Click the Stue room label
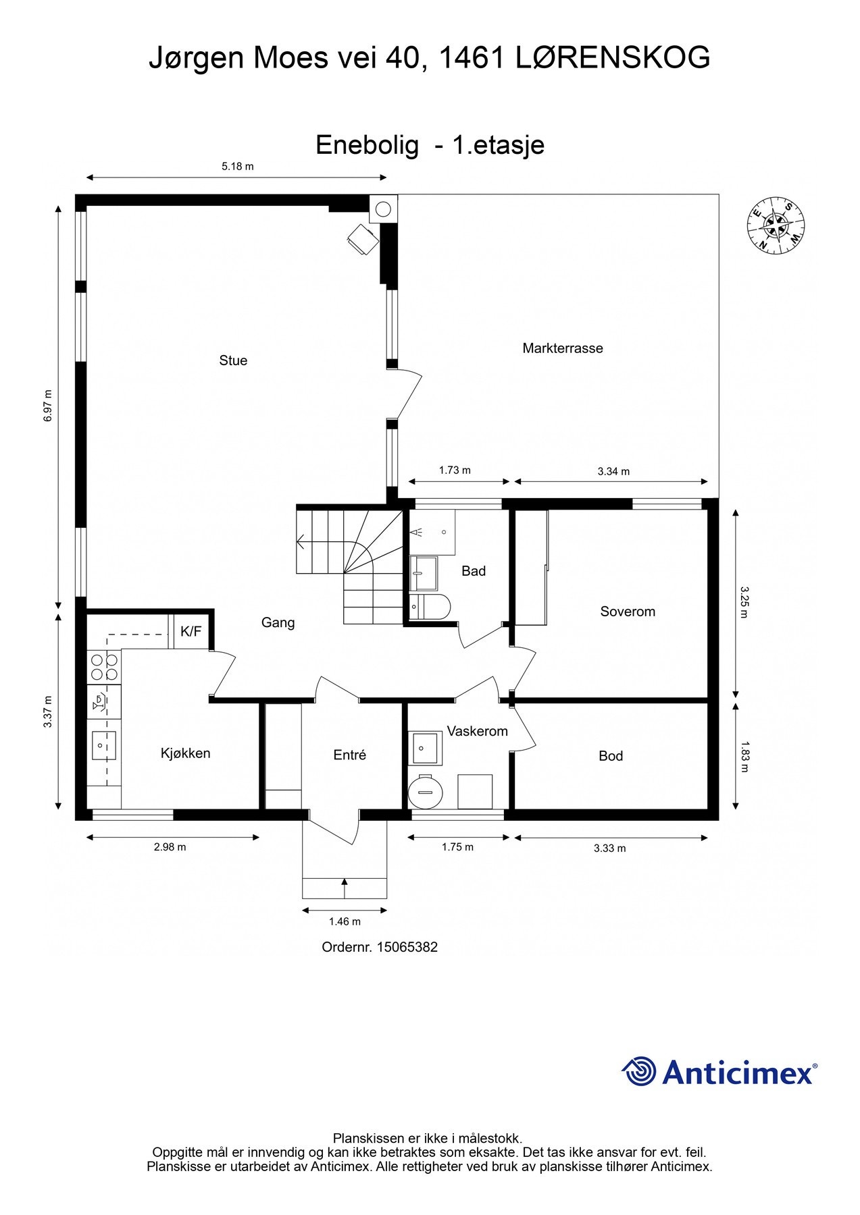(233, 360)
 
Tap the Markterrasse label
(563, 348)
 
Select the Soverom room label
(628, 612)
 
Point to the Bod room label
(611, 756)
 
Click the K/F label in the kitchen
(191, 632)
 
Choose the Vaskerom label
(477, 731)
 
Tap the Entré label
(350, 755)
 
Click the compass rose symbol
(776, 227)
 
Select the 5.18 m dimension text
(238, 166)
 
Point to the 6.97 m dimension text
(47, 406)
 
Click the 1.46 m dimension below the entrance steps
(345, 921)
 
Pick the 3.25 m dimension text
(744, 602)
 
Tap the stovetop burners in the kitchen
(104, 666)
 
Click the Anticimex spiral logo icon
(639, 1072)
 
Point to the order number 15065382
(407, 947)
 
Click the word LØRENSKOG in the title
(613, 58)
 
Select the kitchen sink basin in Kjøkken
(103, 746)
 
